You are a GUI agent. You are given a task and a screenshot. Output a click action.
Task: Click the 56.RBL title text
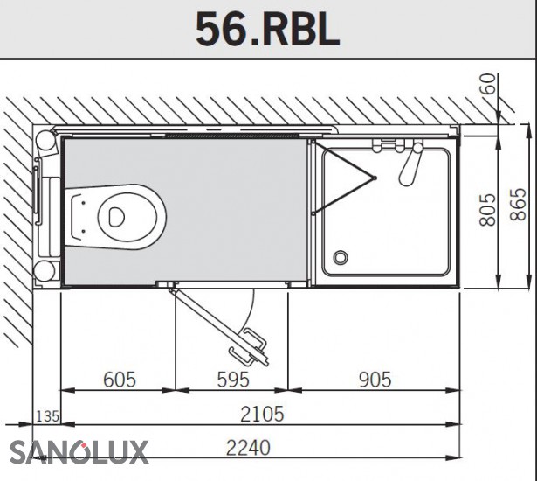(267, 30)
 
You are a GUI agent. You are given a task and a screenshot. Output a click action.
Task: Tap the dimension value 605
(120, 380)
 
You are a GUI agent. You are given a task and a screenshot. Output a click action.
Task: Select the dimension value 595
(233, 380)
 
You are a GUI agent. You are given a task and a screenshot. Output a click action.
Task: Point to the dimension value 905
(375, 380)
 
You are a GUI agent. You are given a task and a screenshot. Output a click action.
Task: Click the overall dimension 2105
(262, 415)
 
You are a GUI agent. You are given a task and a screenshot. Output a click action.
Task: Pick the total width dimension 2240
(248, 448)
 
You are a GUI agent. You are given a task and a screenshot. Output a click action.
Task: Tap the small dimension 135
(48, 416)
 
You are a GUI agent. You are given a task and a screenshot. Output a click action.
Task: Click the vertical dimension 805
(487, 210)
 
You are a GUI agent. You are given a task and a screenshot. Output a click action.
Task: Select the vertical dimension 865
(518, 204)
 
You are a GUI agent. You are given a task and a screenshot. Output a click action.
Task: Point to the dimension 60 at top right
(488, 84)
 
